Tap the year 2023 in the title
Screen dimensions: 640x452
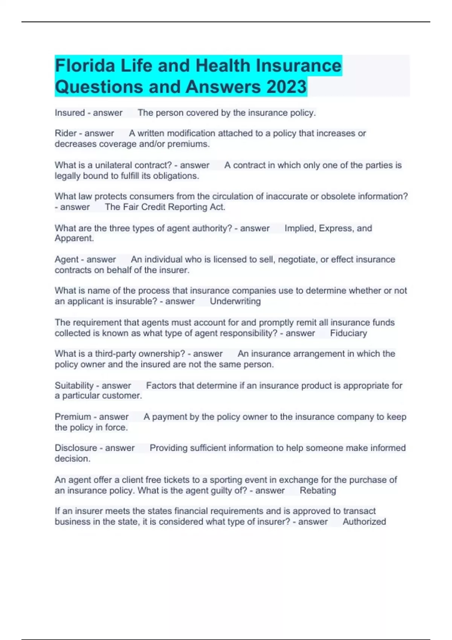pos(287,87)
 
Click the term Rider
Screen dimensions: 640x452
pos(66,133)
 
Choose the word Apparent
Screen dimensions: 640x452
pos(74,238)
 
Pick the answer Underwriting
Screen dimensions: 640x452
pos(235,301)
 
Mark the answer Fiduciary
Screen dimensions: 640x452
pos(348,333)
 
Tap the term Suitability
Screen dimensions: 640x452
pos(74,386)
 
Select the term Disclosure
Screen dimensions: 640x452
pos(76,448)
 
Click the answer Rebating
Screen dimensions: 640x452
pos(318,491)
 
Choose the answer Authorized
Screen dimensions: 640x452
pos(364,522)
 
